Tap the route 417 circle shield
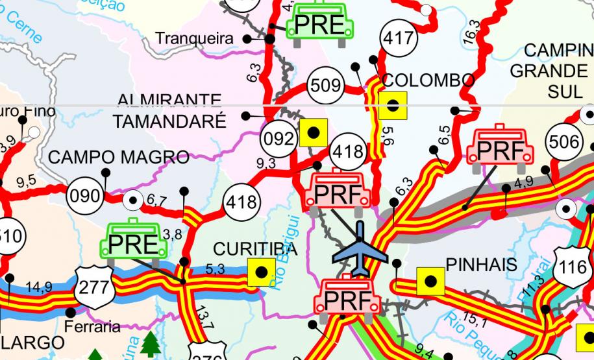(398, 37)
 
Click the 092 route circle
(278, 139)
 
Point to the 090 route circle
(85, 194)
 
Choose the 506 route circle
(564, 142)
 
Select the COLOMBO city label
(428, 80)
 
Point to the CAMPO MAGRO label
(119, 157)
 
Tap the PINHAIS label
(481, 265)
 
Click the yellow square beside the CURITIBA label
(262, 272)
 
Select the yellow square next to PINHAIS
(430, 281)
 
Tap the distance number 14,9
(40, 286)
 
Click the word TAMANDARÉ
(169, 121)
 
